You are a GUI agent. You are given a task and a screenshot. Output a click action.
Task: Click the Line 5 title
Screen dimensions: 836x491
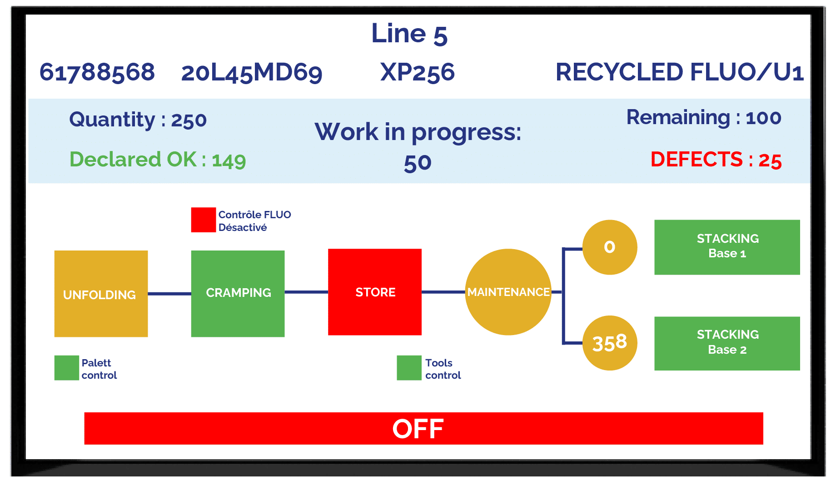[409, 34]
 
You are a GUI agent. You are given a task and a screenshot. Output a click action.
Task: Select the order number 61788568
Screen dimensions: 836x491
[97, 73]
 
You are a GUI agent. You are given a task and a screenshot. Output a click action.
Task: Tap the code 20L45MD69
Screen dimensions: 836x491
[252, 73]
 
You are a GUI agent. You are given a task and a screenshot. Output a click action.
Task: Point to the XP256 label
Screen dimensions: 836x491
[418, 73]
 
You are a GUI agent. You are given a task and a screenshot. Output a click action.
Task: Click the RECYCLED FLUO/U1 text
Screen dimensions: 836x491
[680, 72]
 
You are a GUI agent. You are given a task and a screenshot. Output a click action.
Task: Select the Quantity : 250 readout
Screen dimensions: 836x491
[138, 120]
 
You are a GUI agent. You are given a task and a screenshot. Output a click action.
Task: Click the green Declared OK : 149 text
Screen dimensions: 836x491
[158, 160]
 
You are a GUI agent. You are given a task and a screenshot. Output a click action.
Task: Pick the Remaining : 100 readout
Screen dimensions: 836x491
[704, 117]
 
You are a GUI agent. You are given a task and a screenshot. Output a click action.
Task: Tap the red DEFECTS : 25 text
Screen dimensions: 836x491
[716, 160]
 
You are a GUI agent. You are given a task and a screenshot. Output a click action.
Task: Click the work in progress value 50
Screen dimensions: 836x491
[418, 163]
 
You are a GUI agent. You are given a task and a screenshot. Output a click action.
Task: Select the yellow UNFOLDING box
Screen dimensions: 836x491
[101, 294]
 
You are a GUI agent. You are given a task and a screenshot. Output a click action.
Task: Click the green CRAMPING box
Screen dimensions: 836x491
[238, 294]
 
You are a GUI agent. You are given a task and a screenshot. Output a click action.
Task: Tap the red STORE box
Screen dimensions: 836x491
[375, 292]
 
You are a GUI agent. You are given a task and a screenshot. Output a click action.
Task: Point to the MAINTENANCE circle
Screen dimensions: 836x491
[508, 292]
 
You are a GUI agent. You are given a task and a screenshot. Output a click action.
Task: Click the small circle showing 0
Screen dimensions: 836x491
[610, 247]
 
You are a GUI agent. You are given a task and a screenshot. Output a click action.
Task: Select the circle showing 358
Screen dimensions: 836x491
[610, 343]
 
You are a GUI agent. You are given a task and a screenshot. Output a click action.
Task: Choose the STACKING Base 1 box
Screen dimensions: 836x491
[727, 247]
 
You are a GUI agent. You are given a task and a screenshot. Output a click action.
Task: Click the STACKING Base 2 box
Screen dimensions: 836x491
[727, 343]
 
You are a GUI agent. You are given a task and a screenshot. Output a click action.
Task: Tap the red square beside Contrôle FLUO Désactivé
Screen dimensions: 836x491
[204, 220]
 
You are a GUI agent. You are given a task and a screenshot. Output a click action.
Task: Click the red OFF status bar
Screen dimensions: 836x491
[423, 428]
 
